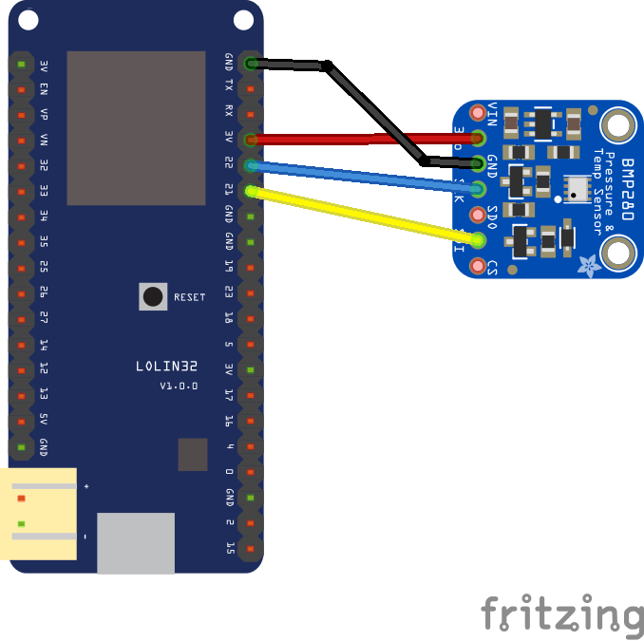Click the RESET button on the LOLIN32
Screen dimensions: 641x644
pos(152,296)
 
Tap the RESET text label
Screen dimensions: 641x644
pos(189,297)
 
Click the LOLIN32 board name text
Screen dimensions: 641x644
pos(167,367)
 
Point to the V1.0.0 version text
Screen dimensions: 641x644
pos(179,386)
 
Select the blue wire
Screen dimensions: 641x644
pos(361,177)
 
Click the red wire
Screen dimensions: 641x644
pos(361,140)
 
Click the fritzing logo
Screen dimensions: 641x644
pos(560,613)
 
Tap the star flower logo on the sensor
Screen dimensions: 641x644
pos(589,266)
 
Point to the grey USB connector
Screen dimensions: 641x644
pos(136,543)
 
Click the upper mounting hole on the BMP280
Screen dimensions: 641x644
pos(617,124)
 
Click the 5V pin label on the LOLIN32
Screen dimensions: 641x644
pos(44,420)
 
